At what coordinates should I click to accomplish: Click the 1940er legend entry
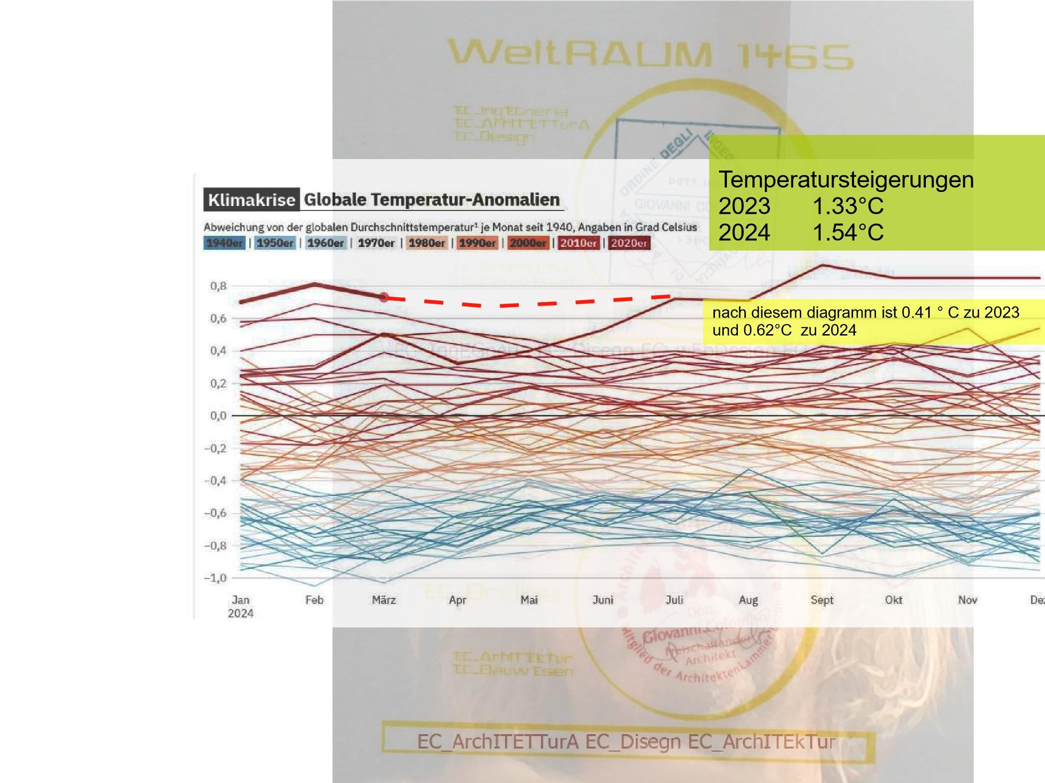coord(224,243)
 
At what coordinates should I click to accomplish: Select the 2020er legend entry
coord(629,243)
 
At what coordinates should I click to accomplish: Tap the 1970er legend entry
coord(376,243)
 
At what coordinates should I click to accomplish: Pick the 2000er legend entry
coord(528,243)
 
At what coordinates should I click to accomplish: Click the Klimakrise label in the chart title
coord(251,200)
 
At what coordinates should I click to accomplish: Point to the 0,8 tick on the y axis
coord(218,286)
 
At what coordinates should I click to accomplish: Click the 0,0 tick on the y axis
coord(218,415)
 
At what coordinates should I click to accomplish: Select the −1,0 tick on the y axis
coord(216,578)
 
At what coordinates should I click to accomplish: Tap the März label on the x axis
coord(384,600)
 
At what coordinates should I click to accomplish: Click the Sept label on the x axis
coord(822,600)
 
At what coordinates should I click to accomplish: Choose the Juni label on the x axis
coord(603,600)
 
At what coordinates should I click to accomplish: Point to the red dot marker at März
coord(383,298)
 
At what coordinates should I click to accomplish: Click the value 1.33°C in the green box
coord(848,206)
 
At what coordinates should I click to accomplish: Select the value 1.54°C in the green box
coord(848,232)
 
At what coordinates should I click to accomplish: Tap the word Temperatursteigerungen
coord(846,180)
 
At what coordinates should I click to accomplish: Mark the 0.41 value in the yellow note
coord(917,313)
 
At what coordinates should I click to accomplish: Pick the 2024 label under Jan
coord(240,613)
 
